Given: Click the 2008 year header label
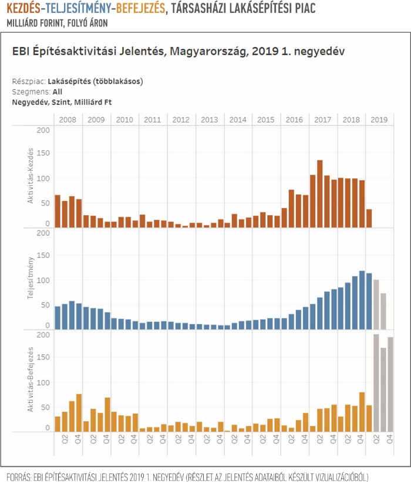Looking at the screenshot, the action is pyautogui.click(x=68, y=120).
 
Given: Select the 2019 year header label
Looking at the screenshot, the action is pyautogui.click(x=379, y=120).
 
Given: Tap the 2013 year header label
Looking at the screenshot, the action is pyautogui.click(x=210, y=120).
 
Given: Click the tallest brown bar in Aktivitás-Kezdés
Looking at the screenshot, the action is pyautogui.click(x=320, y=194).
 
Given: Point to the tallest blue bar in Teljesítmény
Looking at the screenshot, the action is pyautogui.click(x=362, y=300).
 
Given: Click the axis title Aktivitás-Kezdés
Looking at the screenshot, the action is pyautogui.click(x=30, y=175).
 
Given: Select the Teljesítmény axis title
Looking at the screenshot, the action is pyautogui.click(x=30, y=278).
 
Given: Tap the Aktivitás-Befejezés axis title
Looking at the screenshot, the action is pyautogui.click(x=30, y=379).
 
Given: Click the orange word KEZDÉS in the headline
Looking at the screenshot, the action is pyautogui.click(x=23, y=8).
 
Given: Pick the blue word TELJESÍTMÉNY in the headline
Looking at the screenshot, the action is pyautogui.click(x=79, y=8).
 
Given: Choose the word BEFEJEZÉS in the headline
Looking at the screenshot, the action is pyautogui.click(x=141, y=8).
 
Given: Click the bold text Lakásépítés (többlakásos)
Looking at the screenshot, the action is pyautogui.click(x=96, y=82).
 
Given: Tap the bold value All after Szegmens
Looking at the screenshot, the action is pyautogui.click(x=58, y=91).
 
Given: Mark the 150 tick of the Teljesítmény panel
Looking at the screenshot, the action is pyautogui.click(x=43, y=255).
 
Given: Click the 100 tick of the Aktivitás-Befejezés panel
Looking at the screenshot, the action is pyautogui.click(x=43, y=383).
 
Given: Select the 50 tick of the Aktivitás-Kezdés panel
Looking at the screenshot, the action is pyautogui.click(x=45, y=203).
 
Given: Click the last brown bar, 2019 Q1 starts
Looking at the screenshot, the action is pyautogui.click(x=369, y=218).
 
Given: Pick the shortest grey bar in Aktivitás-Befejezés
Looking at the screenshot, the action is pyautogui.click(x=383, y=390).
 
